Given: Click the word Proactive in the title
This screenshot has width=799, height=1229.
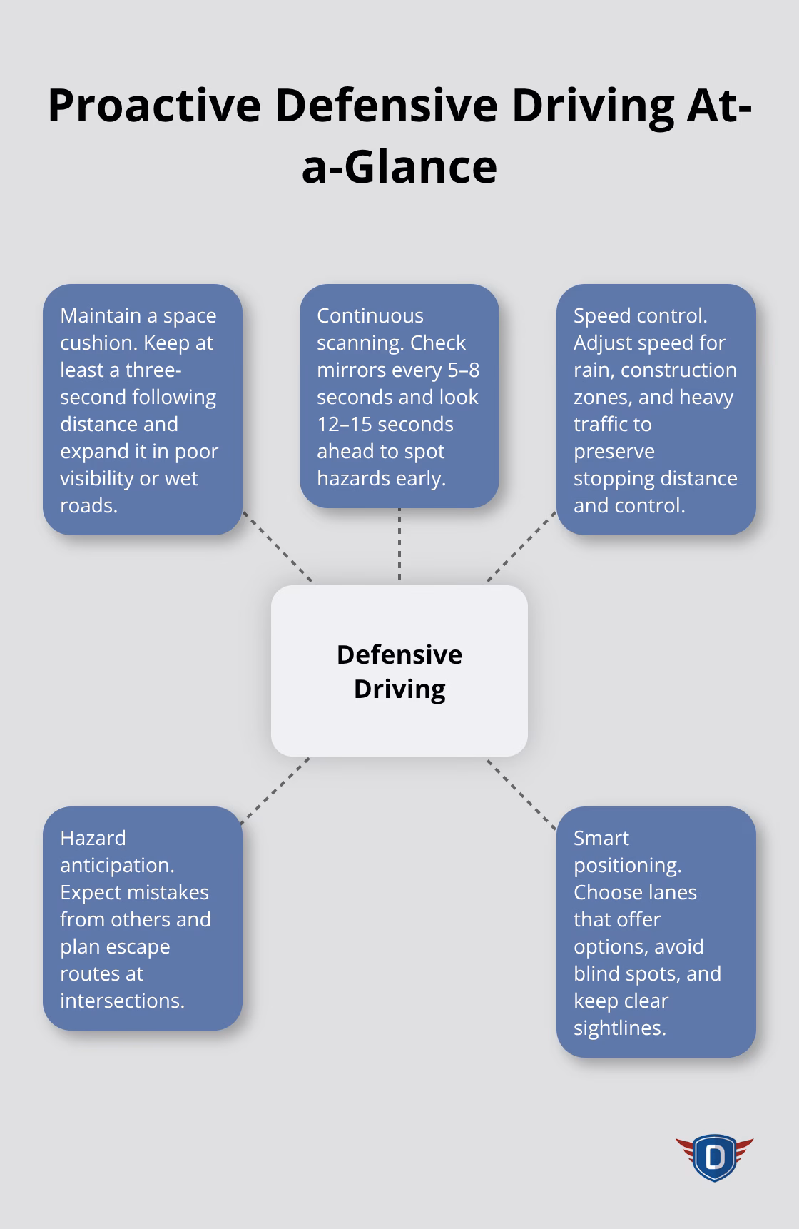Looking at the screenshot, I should pos(154,106).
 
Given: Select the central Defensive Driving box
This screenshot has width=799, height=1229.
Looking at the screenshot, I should pos(399,671).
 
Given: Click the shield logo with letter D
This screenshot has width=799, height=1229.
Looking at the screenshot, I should pos(714,1157).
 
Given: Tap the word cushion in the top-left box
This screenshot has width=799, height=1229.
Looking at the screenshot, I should pos(98,343).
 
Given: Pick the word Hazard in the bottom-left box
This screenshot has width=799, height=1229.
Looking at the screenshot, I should pos(93,838).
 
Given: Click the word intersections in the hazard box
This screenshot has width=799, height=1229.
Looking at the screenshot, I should pos(122,1001).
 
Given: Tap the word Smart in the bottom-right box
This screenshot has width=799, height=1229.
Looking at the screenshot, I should pos(601,838).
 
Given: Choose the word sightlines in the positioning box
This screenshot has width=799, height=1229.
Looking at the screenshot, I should pos(619,1028).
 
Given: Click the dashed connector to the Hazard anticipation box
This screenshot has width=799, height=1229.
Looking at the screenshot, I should pos(275,791).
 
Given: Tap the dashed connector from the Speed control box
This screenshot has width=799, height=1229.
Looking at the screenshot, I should pos(521,547).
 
